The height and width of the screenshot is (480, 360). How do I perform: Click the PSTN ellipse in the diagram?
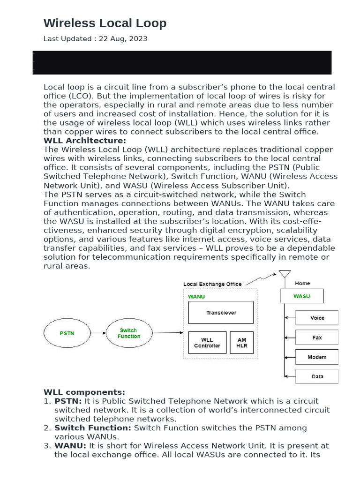(x=67, y=333)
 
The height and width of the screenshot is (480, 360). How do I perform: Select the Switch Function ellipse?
(x=129, y=333)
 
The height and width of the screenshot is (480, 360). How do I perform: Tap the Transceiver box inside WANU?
(x=221, y=313)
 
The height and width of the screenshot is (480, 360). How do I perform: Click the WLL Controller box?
(x=207, y=343)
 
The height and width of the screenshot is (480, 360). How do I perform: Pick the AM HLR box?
(x=242, y=343)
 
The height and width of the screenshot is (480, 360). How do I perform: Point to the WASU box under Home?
(x=301, y=296)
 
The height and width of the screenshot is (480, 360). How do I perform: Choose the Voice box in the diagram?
(x=317, y=318)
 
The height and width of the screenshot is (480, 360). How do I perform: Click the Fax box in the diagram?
(x=317, y=337)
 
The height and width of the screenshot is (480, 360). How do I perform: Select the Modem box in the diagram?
(x=317, y=357)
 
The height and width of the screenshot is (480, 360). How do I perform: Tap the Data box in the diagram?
(x=317, y=376)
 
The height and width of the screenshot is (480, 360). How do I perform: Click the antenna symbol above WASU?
(x=284, y=275)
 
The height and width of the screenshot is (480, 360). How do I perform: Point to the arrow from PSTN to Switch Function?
(x=97, y=333)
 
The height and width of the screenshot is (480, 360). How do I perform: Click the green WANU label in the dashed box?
(x=196, y=297)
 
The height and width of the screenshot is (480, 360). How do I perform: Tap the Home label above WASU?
(x=302, y=283)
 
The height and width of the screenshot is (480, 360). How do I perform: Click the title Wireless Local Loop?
(x=105, y=23)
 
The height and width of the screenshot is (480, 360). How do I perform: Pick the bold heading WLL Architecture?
(x=85, y=141)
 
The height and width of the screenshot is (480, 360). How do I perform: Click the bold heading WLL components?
(x=84, y=392)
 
